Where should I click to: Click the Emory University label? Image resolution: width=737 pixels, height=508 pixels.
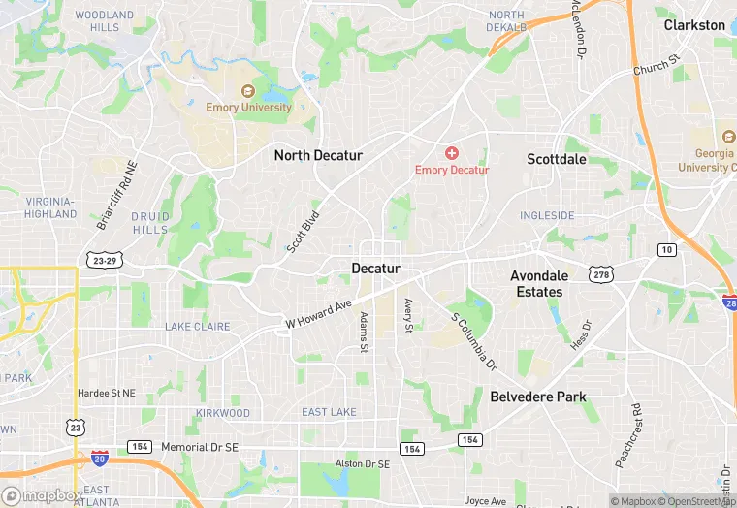[248, 108]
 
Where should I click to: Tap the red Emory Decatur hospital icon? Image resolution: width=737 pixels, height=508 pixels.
[451, 153]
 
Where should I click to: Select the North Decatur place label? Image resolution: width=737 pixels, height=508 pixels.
[318, 155]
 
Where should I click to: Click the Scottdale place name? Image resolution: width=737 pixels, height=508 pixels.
[557, 158]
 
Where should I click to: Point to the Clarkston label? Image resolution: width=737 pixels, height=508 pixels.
[694, 25]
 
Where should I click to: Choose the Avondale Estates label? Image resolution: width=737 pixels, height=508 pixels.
[538, 283]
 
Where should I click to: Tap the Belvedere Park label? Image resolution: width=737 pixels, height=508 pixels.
[538, 397]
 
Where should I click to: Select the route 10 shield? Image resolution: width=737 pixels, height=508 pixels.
[666, 250]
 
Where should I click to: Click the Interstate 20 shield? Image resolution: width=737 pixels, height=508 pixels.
[99, 457]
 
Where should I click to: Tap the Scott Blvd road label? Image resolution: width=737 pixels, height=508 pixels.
[303, 233]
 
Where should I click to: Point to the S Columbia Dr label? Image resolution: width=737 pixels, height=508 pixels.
[473, 340]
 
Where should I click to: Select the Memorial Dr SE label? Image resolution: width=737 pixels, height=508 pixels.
[197, 446]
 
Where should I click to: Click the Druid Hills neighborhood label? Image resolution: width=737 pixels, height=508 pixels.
[150, 223]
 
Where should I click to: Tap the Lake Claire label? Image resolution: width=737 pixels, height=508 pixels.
[197, 327]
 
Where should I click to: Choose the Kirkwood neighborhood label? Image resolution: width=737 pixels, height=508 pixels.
[221, 413]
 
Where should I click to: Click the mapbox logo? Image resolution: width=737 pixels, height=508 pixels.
[42, 495]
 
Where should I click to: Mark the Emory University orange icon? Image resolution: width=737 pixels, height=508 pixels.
[248, 91]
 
